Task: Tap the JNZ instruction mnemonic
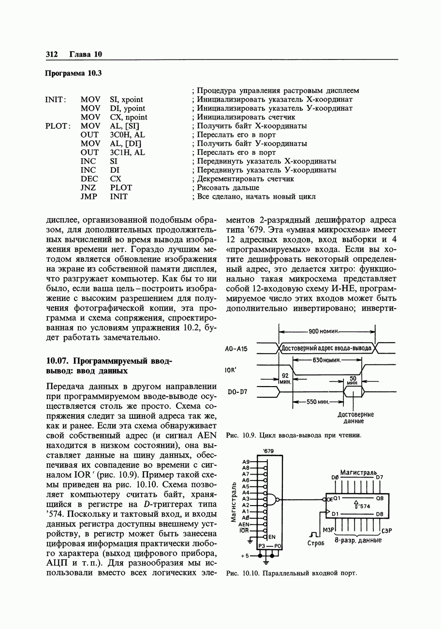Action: click(x=88, y=188)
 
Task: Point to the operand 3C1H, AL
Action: click(x=128, y=152)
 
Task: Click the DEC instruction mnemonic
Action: click(x=89, y=179)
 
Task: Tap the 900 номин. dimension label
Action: click(x=326, y=331)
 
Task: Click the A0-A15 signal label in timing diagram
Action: click(x=236, y=348)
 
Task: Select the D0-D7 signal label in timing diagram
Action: click(x=237, y=392)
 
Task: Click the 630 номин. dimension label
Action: click(x=327, y=360)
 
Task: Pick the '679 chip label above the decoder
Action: click(x=268, y=451)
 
